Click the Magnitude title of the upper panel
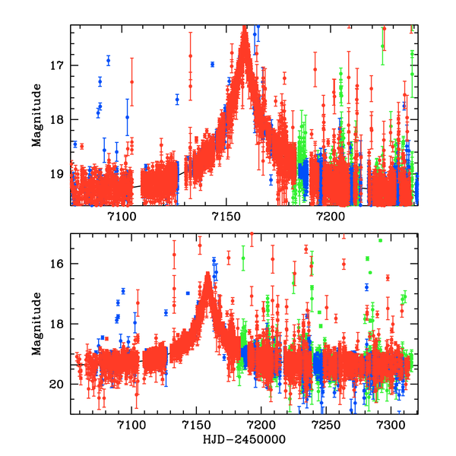click(36, 115)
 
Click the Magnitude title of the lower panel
click(36, 324)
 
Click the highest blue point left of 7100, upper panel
click(108, 60)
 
